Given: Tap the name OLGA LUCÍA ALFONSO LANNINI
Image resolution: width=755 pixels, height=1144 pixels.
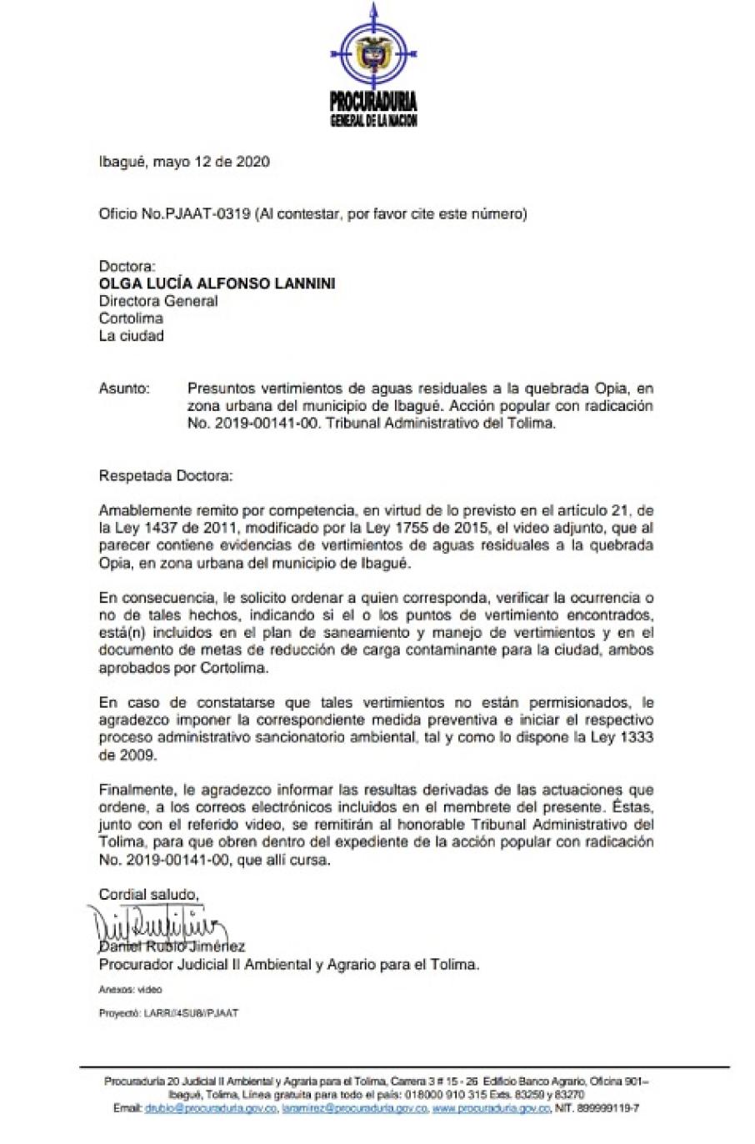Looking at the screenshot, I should click(217, 283).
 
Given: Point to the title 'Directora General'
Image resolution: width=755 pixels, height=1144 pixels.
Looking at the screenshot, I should click(158, 301).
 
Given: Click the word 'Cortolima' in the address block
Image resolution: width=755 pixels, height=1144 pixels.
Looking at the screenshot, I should click(131, 319).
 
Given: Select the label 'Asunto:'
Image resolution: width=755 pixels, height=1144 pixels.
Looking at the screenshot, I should click(124, 388).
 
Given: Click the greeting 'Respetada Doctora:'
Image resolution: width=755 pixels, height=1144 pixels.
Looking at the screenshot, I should click(167, 476).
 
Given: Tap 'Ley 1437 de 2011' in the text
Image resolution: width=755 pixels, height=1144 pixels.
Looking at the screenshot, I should click(167, 528).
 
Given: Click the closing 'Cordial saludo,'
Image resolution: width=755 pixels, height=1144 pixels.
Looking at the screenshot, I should click(149, 895).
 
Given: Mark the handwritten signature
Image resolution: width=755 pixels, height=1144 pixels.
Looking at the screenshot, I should click(158, 924).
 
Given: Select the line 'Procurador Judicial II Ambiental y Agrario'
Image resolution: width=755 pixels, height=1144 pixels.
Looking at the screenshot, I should click(288, 965).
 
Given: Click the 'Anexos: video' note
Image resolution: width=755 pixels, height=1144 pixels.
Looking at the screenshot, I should click(130, 990).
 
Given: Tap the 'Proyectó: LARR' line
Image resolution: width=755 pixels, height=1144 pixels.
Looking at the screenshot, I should click(168, 1013).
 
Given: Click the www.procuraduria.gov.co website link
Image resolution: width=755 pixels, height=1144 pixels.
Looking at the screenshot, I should click(491, 1109).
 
